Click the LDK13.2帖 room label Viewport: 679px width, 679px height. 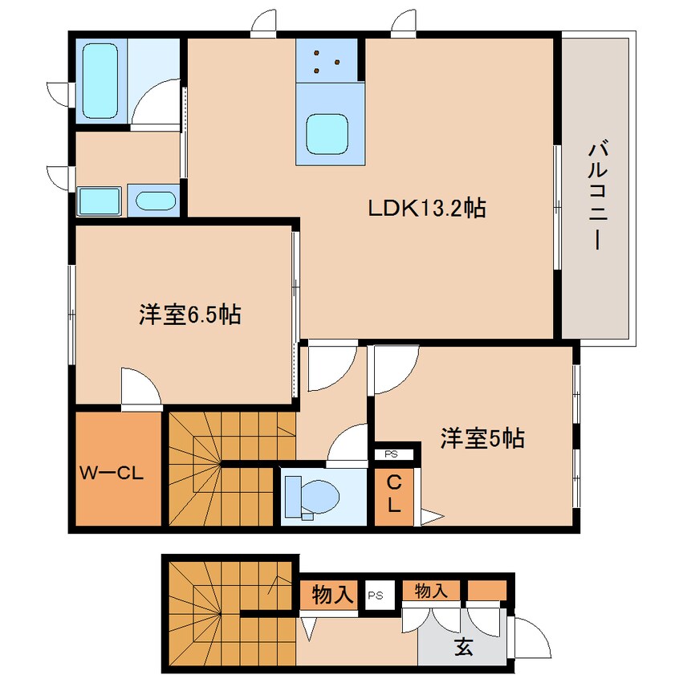click(426, 209)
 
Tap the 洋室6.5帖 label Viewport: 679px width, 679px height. click(189, 315)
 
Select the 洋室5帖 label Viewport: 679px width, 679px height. click(482, 438)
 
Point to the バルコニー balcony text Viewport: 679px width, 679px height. click(598, 196)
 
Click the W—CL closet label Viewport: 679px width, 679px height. click(112, 474)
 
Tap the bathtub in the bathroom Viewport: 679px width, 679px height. click(100, 80)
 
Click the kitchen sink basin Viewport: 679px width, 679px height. click(327, 134)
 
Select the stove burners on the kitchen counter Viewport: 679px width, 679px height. click(327, 61)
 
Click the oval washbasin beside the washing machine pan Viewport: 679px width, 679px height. click(156, 200)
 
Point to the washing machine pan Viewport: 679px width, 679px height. click(99, 201)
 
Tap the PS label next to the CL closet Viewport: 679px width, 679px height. click(392, 455)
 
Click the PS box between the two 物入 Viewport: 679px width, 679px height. click(376, 595)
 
